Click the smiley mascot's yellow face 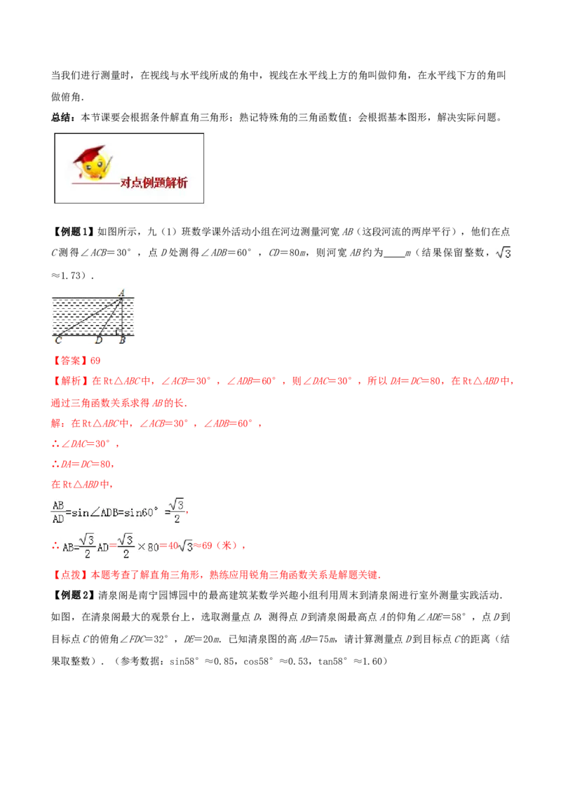pos(96,166)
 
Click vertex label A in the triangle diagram pos(121,293)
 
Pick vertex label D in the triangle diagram pos(99,341)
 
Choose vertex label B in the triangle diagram pos(122,341)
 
